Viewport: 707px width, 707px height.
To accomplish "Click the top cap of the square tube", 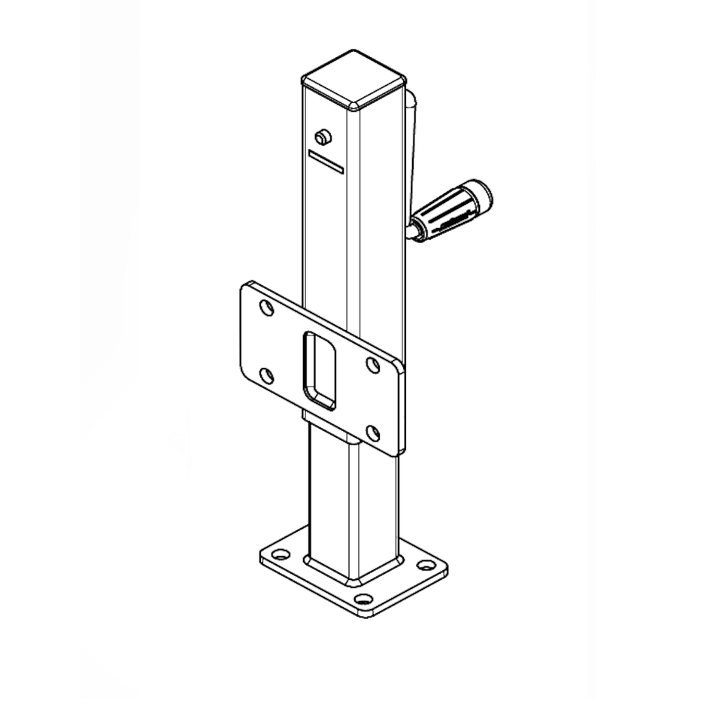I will pos(353,80).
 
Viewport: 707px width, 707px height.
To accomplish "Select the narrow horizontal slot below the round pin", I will pos(326,161).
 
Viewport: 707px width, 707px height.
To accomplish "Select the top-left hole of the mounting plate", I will pos(266,308).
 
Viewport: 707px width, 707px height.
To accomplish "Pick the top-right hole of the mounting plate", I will pos(372,366).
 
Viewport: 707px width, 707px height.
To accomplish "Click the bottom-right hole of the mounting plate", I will pos(373,432).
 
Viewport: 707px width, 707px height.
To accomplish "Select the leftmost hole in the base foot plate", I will pos(281,555).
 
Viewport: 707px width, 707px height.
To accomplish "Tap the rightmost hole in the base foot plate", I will pos(426,565).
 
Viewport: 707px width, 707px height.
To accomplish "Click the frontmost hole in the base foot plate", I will pos(364,600).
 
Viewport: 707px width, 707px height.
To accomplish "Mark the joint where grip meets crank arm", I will pos(416,228).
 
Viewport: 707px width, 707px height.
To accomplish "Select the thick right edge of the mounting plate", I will pos(400,410).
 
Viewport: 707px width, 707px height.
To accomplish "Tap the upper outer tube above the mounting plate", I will pos(353,226).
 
